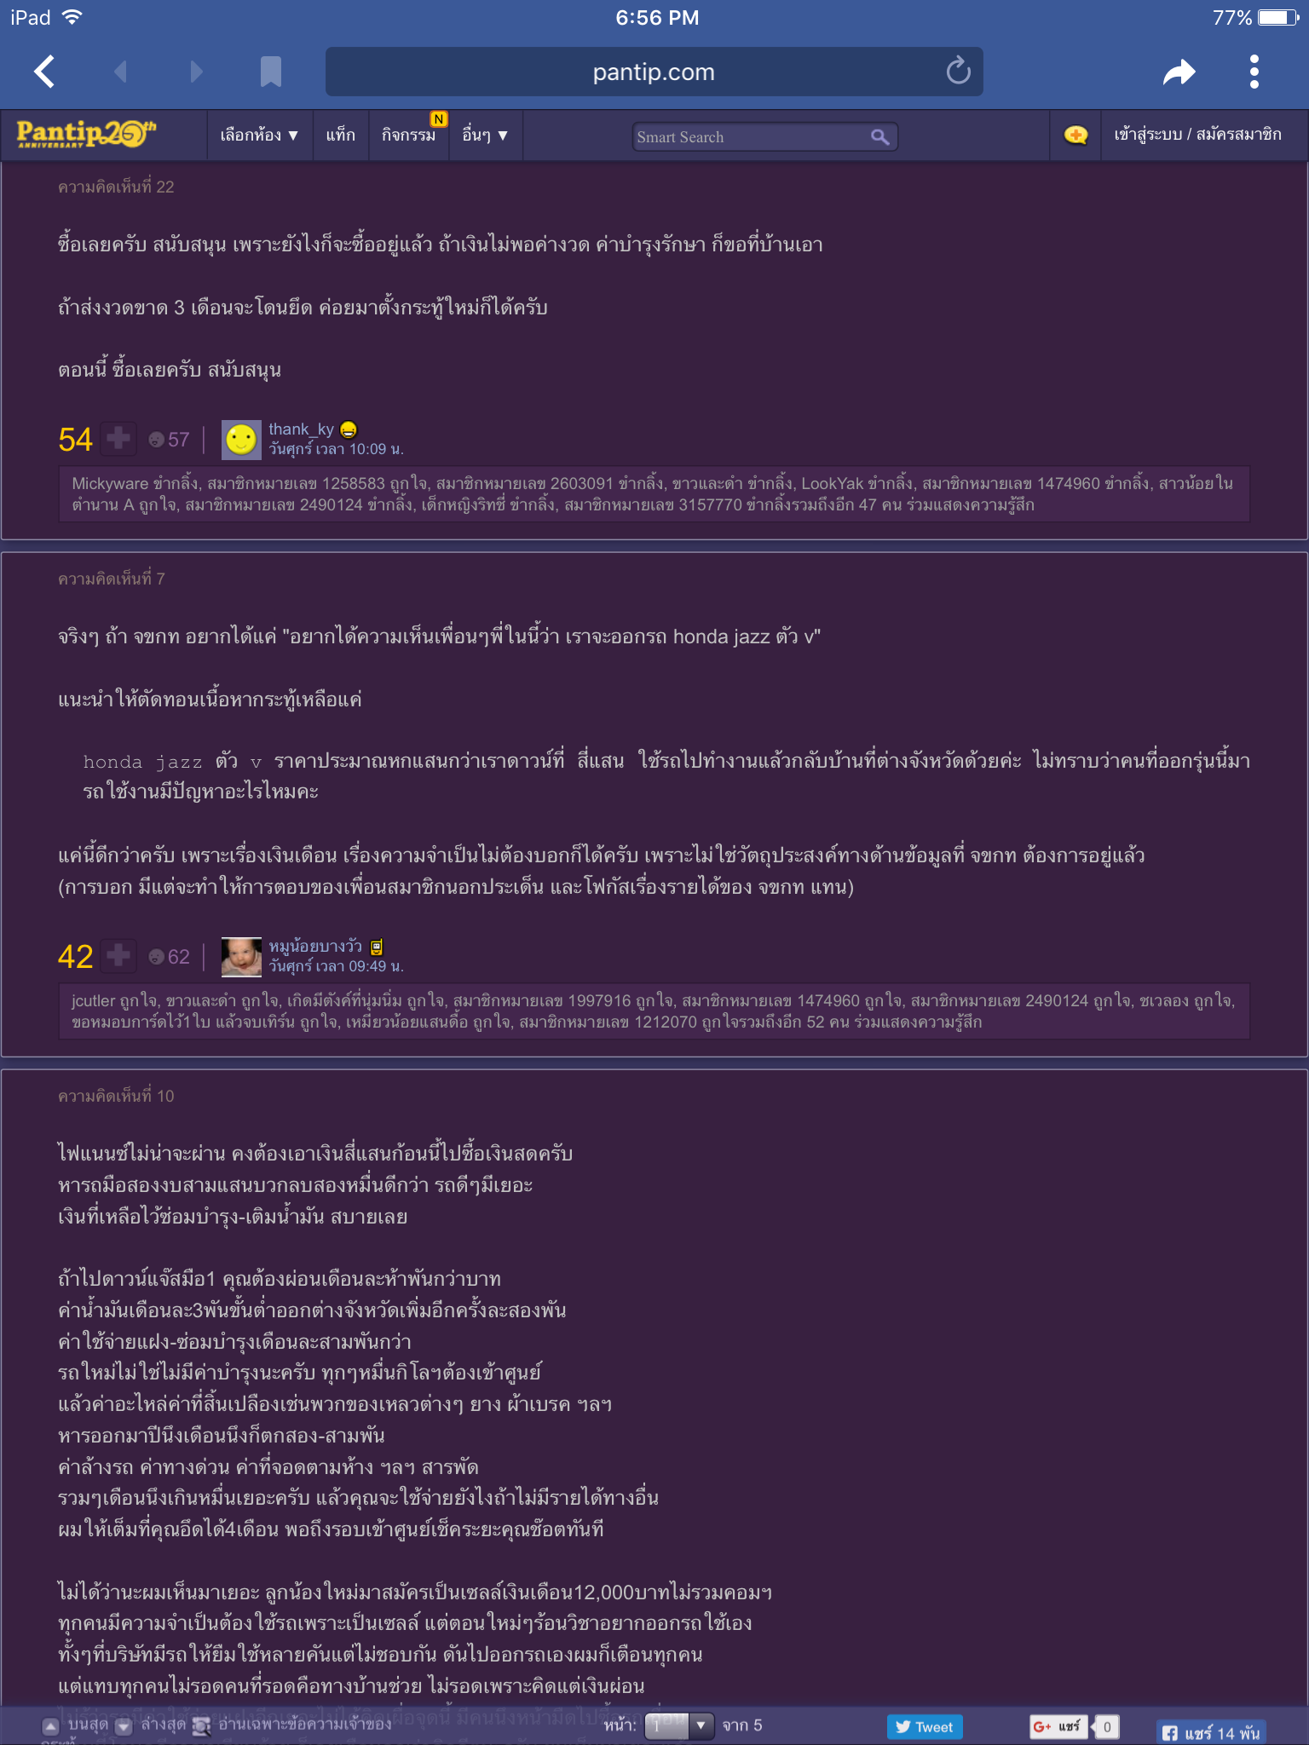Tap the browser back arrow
point(45,72)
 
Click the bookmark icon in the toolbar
point(270,72)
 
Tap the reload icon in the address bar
point(958,72)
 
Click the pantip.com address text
point(654,72)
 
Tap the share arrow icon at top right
point(1179,72)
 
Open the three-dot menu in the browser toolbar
point(1254,72)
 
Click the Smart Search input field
point(750,137)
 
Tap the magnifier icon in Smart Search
point(879,137)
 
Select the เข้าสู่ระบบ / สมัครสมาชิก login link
point(1197,135)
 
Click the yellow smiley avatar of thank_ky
point(241,440)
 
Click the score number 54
point(75,440)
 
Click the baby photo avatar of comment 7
point(241,956)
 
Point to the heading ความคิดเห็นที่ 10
point(116,1096)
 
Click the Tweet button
point(925,1727)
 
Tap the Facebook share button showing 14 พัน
point(1210,1732)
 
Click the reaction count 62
point(178,957)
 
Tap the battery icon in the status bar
point(1277,18)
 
